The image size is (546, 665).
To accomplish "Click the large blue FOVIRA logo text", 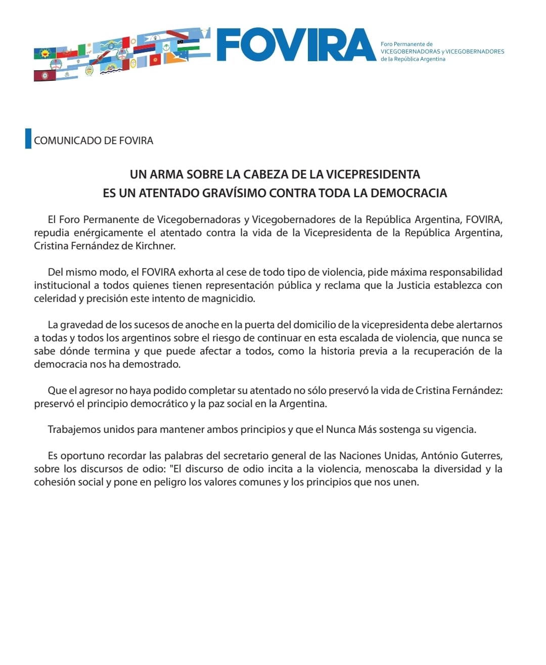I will pyautogui.click(x=297, y=45).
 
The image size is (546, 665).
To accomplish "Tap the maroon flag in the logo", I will pyautogui.click(x=44, y=75).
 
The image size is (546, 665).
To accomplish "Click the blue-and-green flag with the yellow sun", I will pyautogui.click(x=45, y=53).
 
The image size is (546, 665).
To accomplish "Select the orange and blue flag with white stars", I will pyautogui.click(x=177, y=58).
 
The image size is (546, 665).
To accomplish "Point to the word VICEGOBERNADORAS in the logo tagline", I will pyautogui.click(x=410, y=52).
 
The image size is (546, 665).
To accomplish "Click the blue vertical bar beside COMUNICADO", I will pyautogui.click(x=28, y=139).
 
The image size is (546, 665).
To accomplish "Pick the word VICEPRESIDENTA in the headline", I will pyautogui.click(x=373, y=174).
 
